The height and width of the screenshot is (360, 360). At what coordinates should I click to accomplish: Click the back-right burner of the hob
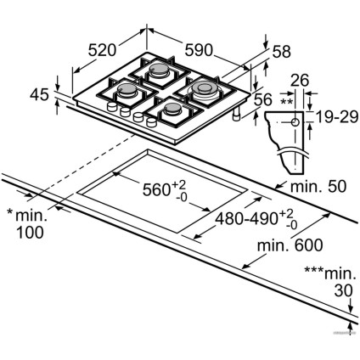pyautogui.click(x=206, y=88)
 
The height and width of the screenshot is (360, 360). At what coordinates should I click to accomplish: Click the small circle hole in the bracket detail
pyautogui.click(x=294, y=121)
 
